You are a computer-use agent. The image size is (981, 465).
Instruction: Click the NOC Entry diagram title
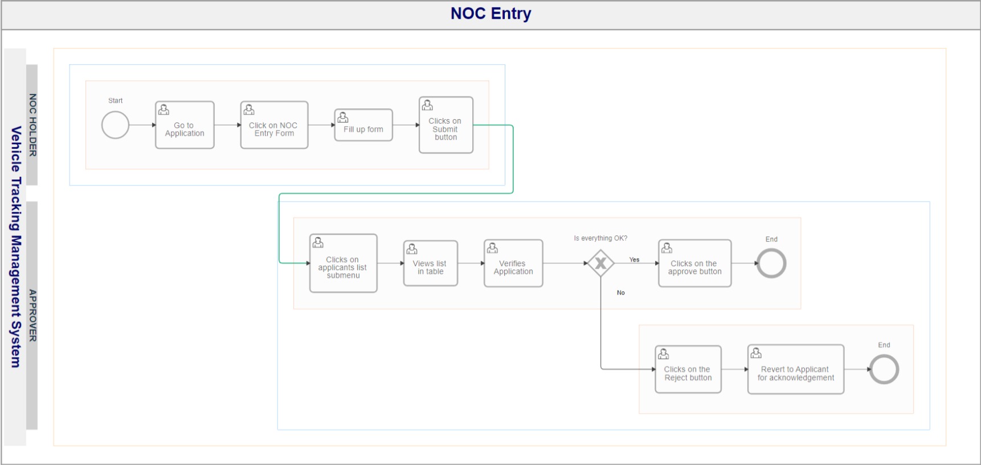490,13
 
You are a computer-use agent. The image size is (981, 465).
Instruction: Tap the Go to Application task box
185,125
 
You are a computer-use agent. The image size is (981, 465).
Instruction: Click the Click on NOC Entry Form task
274,125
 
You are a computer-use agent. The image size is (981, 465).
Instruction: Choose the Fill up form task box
363,125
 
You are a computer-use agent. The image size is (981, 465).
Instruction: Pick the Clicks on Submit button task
446,125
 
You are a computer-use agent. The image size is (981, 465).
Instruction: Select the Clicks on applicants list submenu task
344,263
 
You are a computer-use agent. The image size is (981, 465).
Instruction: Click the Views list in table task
431,263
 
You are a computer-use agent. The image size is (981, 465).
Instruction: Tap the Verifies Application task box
513,263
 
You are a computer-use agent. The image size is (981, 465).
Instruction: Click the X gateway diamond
600,263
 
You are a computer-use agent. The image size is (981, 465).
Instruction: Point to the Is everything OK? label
600,238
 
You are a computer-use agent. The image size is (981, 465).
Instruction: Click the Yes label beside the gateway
634,260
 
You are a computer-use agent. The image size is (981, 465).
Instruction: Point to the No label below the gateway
621,293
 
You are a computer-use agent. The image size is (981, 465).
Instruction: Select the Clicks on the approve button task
695,263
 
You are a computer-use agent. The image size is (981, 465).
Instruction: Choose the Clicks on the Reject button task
688,369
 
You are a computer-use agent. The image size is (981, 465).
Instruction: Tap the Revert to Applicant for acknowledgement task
796,369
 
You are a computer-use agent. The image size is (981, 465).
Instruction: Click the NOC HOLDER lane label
32,125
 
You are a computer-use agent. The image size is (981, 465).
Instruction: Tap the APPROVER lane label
32,316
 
